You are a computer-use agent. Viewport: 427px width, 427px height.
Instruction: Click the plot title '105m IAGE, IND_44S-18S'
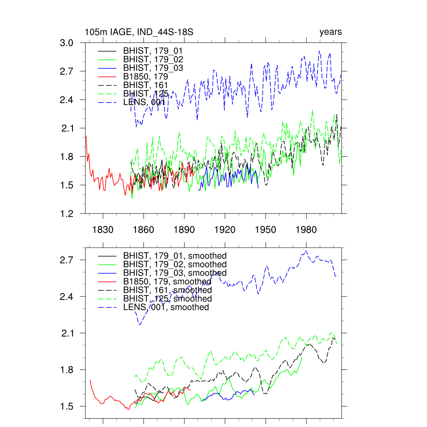click(x=138, y=32)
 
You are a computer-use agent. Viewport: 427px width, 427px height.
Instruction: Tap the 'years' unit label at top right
click(x=331, y=32)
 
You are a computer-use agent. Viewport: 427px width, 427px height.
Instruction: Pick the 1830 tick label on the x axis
click(x=103, y=230)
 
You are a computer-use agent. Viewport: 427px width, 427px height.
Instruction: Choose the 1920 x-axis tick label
click(x=225, y=230)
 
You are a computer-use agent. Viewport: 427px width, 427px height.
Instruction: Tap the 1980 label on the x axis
click(x=306, y=230)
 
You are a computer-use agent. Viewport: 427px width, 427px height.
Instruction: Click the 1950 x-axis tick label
click(x=266, y=230)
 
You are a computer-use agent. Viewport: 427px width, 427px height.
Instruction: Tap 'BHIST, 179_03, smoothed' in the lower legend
click(x=174, y=273)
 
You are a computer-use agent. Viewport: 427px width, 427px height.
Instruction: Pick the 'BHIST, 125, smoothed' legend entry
click(x=167, y=299)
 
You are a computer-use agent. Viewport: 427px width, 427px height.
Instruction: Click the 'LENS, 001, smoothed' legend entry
click(x=166, y=307)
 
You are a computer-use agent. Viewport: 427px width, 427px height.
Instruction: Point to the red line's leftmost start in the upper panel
click(x=86, y=136)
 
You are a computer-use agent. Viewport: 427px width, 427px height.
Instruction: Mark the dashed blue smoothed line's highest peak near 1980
click(x=306, y=251)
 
